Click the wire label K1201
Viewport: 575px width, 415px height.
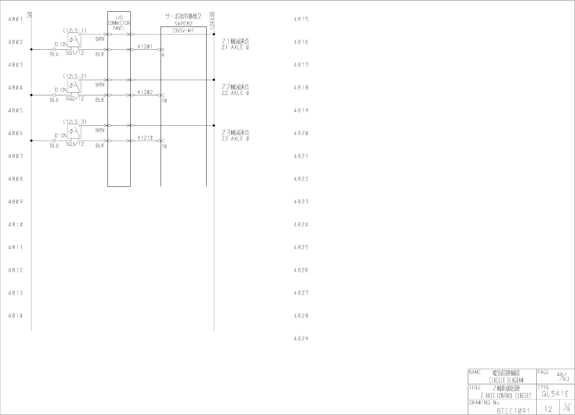145,47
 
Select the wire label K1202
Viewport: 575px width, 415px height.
145,92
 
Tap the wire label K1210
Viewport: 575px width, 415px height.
145,138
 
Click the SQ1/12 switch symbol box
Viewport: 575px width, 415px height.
74,40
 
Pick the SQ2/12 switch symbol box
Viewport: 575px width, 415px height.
74,85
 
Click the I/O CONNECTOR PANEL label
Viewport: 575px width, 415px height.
119,23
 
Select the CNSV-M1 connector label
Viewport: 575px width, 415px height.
183,31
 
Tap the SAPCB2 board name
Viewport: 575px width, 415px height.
183,24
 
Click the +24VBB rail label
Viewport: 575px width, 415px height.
212,21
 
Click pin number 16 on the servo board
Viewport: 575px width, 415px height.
164,146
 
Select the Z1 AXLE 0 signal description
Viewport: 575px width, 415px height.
235,47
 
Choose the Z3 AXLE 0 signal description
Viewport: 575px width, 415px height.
235,139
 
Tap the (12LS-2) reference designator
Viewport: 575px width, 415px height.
74,76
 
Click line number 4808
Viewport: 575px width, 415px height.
16,179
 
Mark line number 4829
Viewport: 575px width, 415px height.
301,339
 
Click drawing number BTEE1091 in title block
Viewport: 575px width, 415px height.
513,410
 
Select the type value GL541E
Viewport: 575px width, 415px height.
555,394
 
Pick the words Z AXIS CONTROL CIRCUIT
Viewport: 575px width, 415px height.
506,396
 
